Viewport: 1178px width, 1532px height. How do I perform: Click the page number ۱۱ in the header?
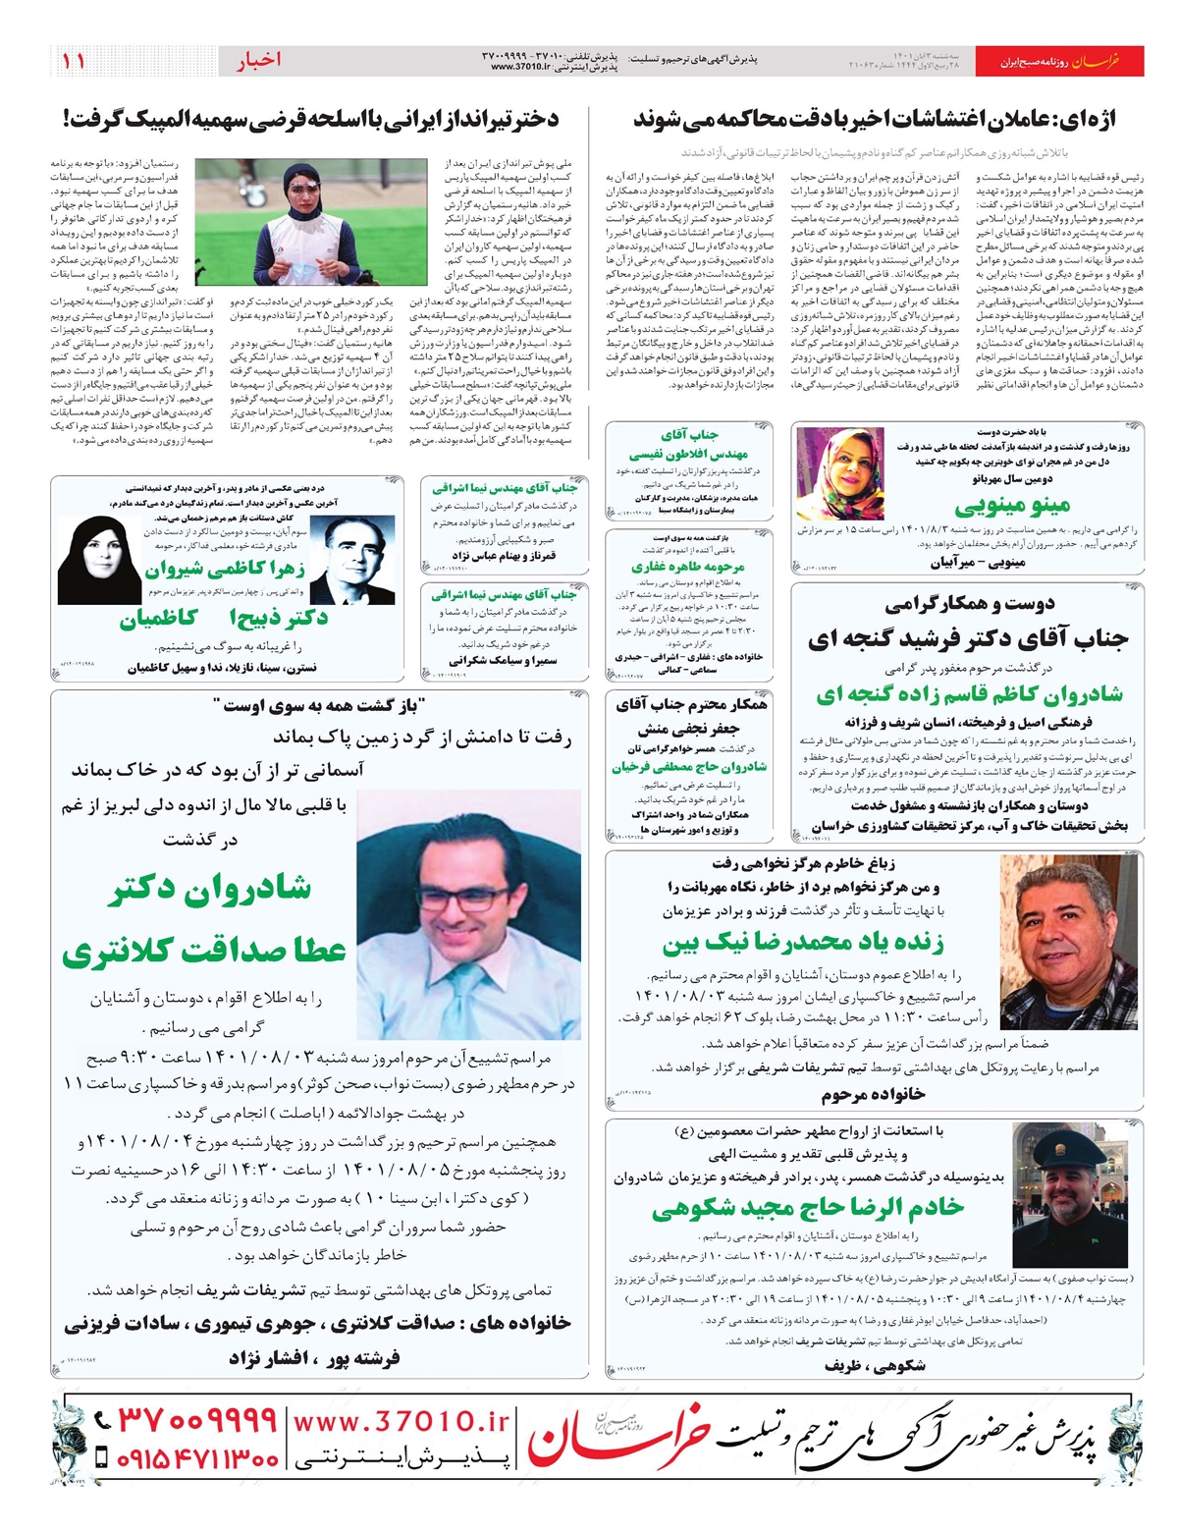pyautogui.click(x=74, y=61)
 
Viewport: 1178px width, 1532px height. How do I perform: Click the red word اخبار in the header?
pyautogui.click(x=258, y=61)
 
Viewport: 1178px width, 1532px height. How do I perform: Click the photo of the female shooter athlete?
pyautogui.click(x=310, y=223)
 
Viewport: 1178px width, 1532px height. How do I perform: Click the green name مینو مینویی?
pyautogui.click(x=1011, y=507)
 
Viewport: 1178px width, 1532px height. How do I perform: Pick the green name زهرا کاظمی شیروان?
pyautogui.click(x=225, y=571)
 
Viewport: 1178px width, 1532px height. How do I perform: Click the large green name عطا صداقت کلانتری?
pyautogui.click(x=204, y=951)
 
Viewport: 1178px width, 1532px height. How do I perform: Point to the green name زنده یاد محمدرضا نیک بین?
pyautogui.click(x=803, y=944)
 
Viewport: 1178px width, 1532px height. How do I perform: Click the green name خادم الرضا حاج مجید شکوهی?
pyautogui.click(x=808, y=1208)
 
